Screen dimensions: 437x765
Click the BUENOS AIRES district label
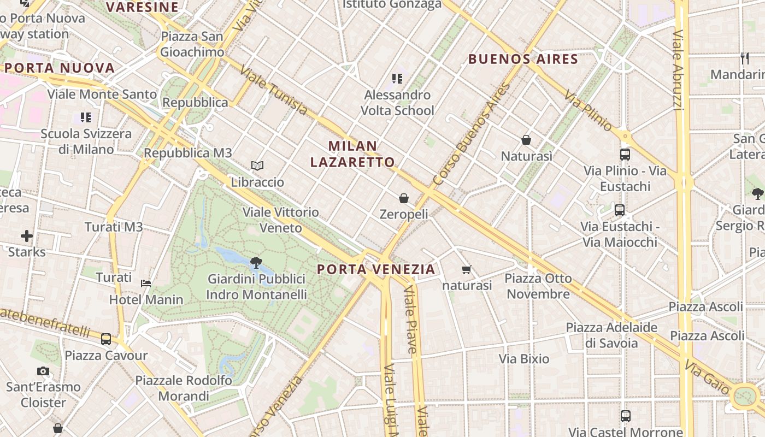click(523, 59)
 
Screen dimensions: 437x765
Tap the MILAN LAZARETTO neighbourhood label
click(352, 154)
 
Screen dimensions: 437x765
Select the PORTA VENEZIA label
click(376, 269)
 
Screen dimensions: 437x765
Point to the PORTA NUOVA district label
click(60, 68)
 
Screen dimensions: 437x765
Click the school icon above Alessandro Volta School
click(397, 79)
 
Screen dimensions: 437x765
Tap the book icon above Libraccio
click(257, 166)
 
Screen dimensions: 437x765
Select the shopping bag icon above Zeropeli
click(404, 198)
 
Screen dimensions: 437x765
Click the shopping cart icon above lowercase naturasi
click(466, 269)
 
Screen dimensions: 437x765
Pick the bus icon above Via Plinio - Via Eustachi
click(625, 155)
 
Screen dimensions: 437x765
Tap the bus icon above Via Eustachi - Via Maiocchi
click(620, 210)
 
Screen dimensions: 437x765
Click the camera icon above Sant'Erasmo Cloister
click(43, 371)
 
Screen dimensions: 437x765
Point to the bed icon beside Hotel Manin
click(146, 283)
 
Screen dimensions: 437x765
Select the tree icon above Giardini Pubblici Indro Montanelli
click(256, 263)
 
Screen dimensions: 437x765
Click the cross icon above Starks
click(27, 236)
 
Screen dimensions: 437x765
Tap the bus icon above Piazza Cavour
click(106, 339)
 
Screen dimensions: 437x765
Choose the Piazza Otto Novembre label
click(538, 286)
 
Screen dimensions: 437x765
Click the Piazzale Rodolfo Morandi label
click(184, 388)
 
